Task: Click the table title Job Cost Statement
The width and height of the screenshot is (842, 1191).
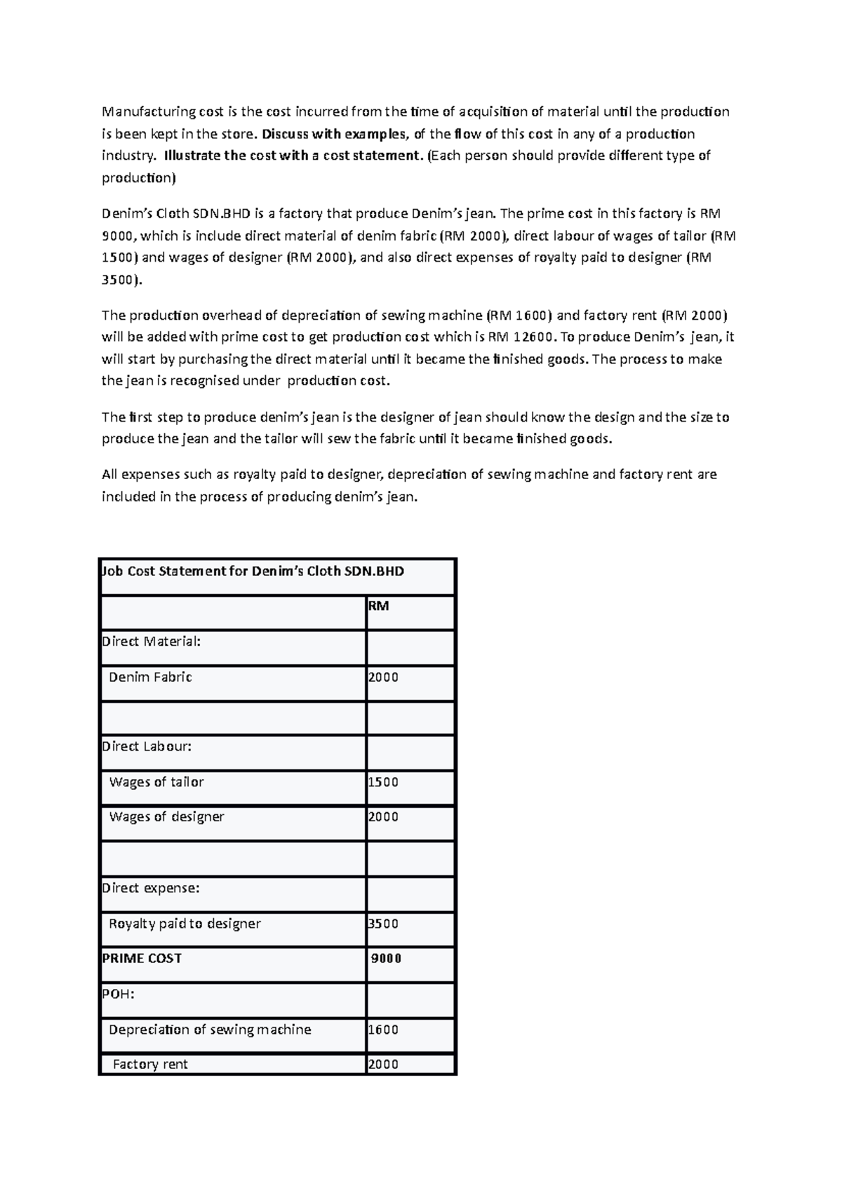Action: tap(253, 571)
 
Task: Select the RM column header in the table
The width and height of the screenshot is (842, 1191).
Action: tap(378, 606)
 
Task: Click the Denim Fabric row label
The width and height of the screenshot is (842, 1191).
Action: tap(150, 677)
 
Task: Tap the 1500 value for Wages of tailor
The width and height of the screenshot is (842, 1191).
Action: tap(383, 782)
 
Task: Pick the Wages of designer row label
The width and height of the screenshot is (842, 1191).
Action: tap(166, 816)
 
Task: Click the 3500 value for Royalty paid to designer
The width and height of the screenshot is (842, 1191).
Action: tap(383, 924)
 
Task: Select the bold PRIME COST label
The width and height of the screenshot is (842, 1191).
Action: tap(142, 958)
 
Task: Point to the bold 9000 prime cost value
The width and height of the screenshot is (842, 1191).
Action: tap(386, 959)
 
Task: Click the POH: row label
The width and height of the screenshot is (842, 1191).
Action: tap(118, 994)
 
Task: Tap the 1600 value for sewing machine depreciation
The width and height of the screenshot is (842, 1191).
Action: tap(383, 1030)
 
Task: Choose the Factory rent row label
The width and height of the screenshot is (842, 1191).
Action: tap(150, 1064)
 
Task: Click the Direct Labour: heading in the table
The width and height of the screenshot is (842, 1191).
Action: tap(147, 746)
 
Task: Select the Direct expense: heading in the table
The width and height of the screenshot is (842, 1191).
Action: tap(151, 888)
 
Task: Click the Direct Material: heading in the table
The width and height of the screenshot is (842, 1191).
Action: tap(152, 641)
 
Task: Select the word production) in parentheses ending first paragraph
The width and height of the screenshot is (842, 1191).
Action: tap(139, 178)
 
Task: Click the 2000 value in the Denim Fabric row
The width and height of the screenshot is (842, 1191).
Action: tap(383, 677)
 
